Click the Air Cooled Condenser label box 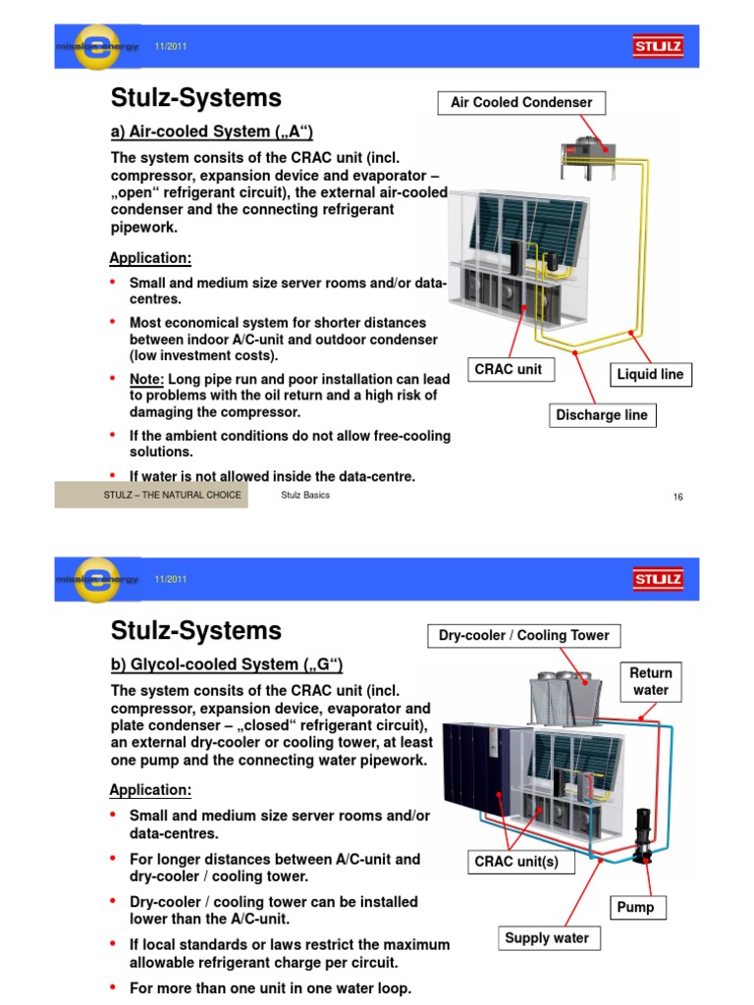tap(521, 102)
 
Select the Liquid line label tap(650, 374)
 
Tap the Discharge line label tap(602, 415)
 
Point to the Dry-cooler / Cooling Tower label tap(523, 635)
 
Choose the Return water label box tap(651, 681)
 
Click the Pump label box tap(634, 908)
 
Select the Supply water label tap(547, 938)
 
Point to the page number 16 tap(677, 497)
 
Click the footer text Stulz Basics tap(305, 496)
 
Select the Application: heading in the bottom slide tap(150, 790)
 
